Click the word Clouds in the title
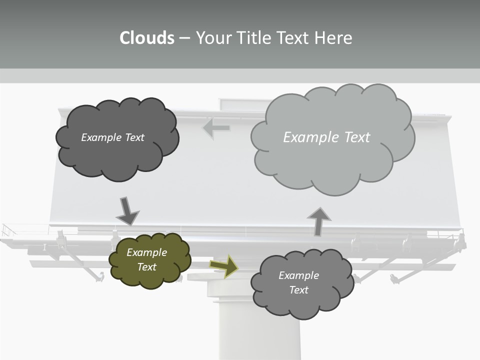click(x=147, y=38)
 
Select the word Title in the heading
click(x=253, y=38)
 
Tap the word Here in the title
click(x=333, y=38)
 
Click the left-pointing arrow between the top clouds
click(x=216, y=128)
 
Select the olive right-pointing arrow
click(x=224, y=265)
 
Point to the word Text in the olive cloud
click(x=147, y=267)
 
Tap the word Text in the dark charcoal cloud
click(x=134, y=137)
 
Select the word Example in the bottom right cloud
click(x=298, y=275)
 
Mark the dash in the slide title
click(x=184, y=38)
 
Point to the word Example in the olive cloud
click(x=147, y=252)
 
